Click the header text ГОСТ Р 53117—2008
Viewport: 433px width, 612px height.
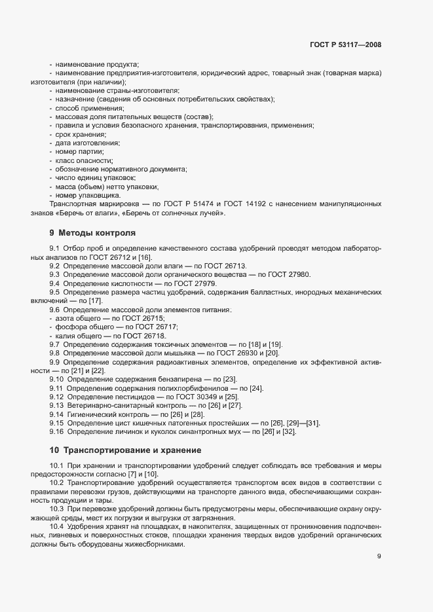345,45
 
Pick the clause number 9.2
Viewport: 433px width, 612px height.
54,266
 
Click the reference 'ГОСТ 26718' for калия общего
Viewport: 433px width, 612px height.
145,335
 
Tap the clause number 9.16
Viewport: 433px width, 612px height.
56,432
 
